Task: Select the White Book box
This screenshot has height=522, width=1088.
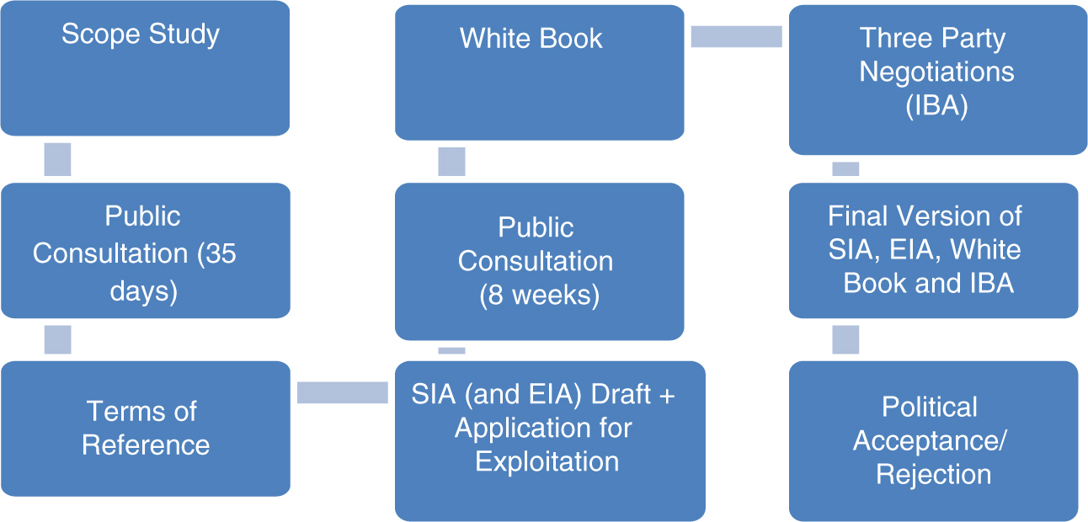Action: tap(539, 72)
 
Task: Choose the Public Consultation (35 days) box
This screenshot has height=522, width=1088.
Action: tap(145, 251)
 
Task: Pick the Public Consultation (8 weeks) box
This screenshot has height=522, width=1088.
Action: tap(539, 262)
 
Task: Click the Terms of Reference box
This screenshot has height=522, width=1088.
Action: tap(145, 428)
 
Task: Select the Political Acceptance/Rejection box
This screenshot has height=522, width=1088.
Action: tap(933, 440)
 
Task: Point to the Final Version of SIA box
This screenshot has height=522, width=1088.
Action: tap(933, 250)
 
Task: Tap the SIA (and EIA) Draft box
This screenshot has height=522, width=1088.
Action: tap(549, 440)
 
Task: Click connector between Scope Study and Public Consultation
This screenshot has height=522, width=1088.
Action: tap(57, 159)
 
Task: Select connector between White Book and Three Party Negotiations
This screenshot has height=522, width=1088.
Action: tap(736, 36)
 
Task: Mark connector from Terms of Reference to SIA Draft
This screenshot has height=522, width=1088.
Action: tap(342, 392)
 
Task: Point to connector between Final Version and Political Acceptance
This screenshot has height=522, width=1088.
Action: tap(845, 339)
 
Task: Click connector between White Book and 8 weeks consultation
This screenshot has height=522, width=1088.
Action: tap(451, 162)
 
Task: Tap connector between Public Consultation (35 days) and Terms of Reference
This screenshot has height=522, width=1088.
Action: tap(57, 339)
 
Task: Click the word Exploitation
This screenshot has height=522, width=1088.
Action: tap(547, 461)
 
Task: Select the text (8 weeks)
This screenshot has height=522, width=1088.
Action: tap(539, 296)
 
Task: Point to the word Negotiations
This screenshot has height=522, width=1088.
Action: tap(936, 72)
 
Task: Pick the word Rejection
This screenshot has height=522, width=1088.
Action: tap(933, 474)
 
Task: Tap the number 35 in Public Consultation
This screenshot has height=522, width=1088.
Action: tap(219, 253)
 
